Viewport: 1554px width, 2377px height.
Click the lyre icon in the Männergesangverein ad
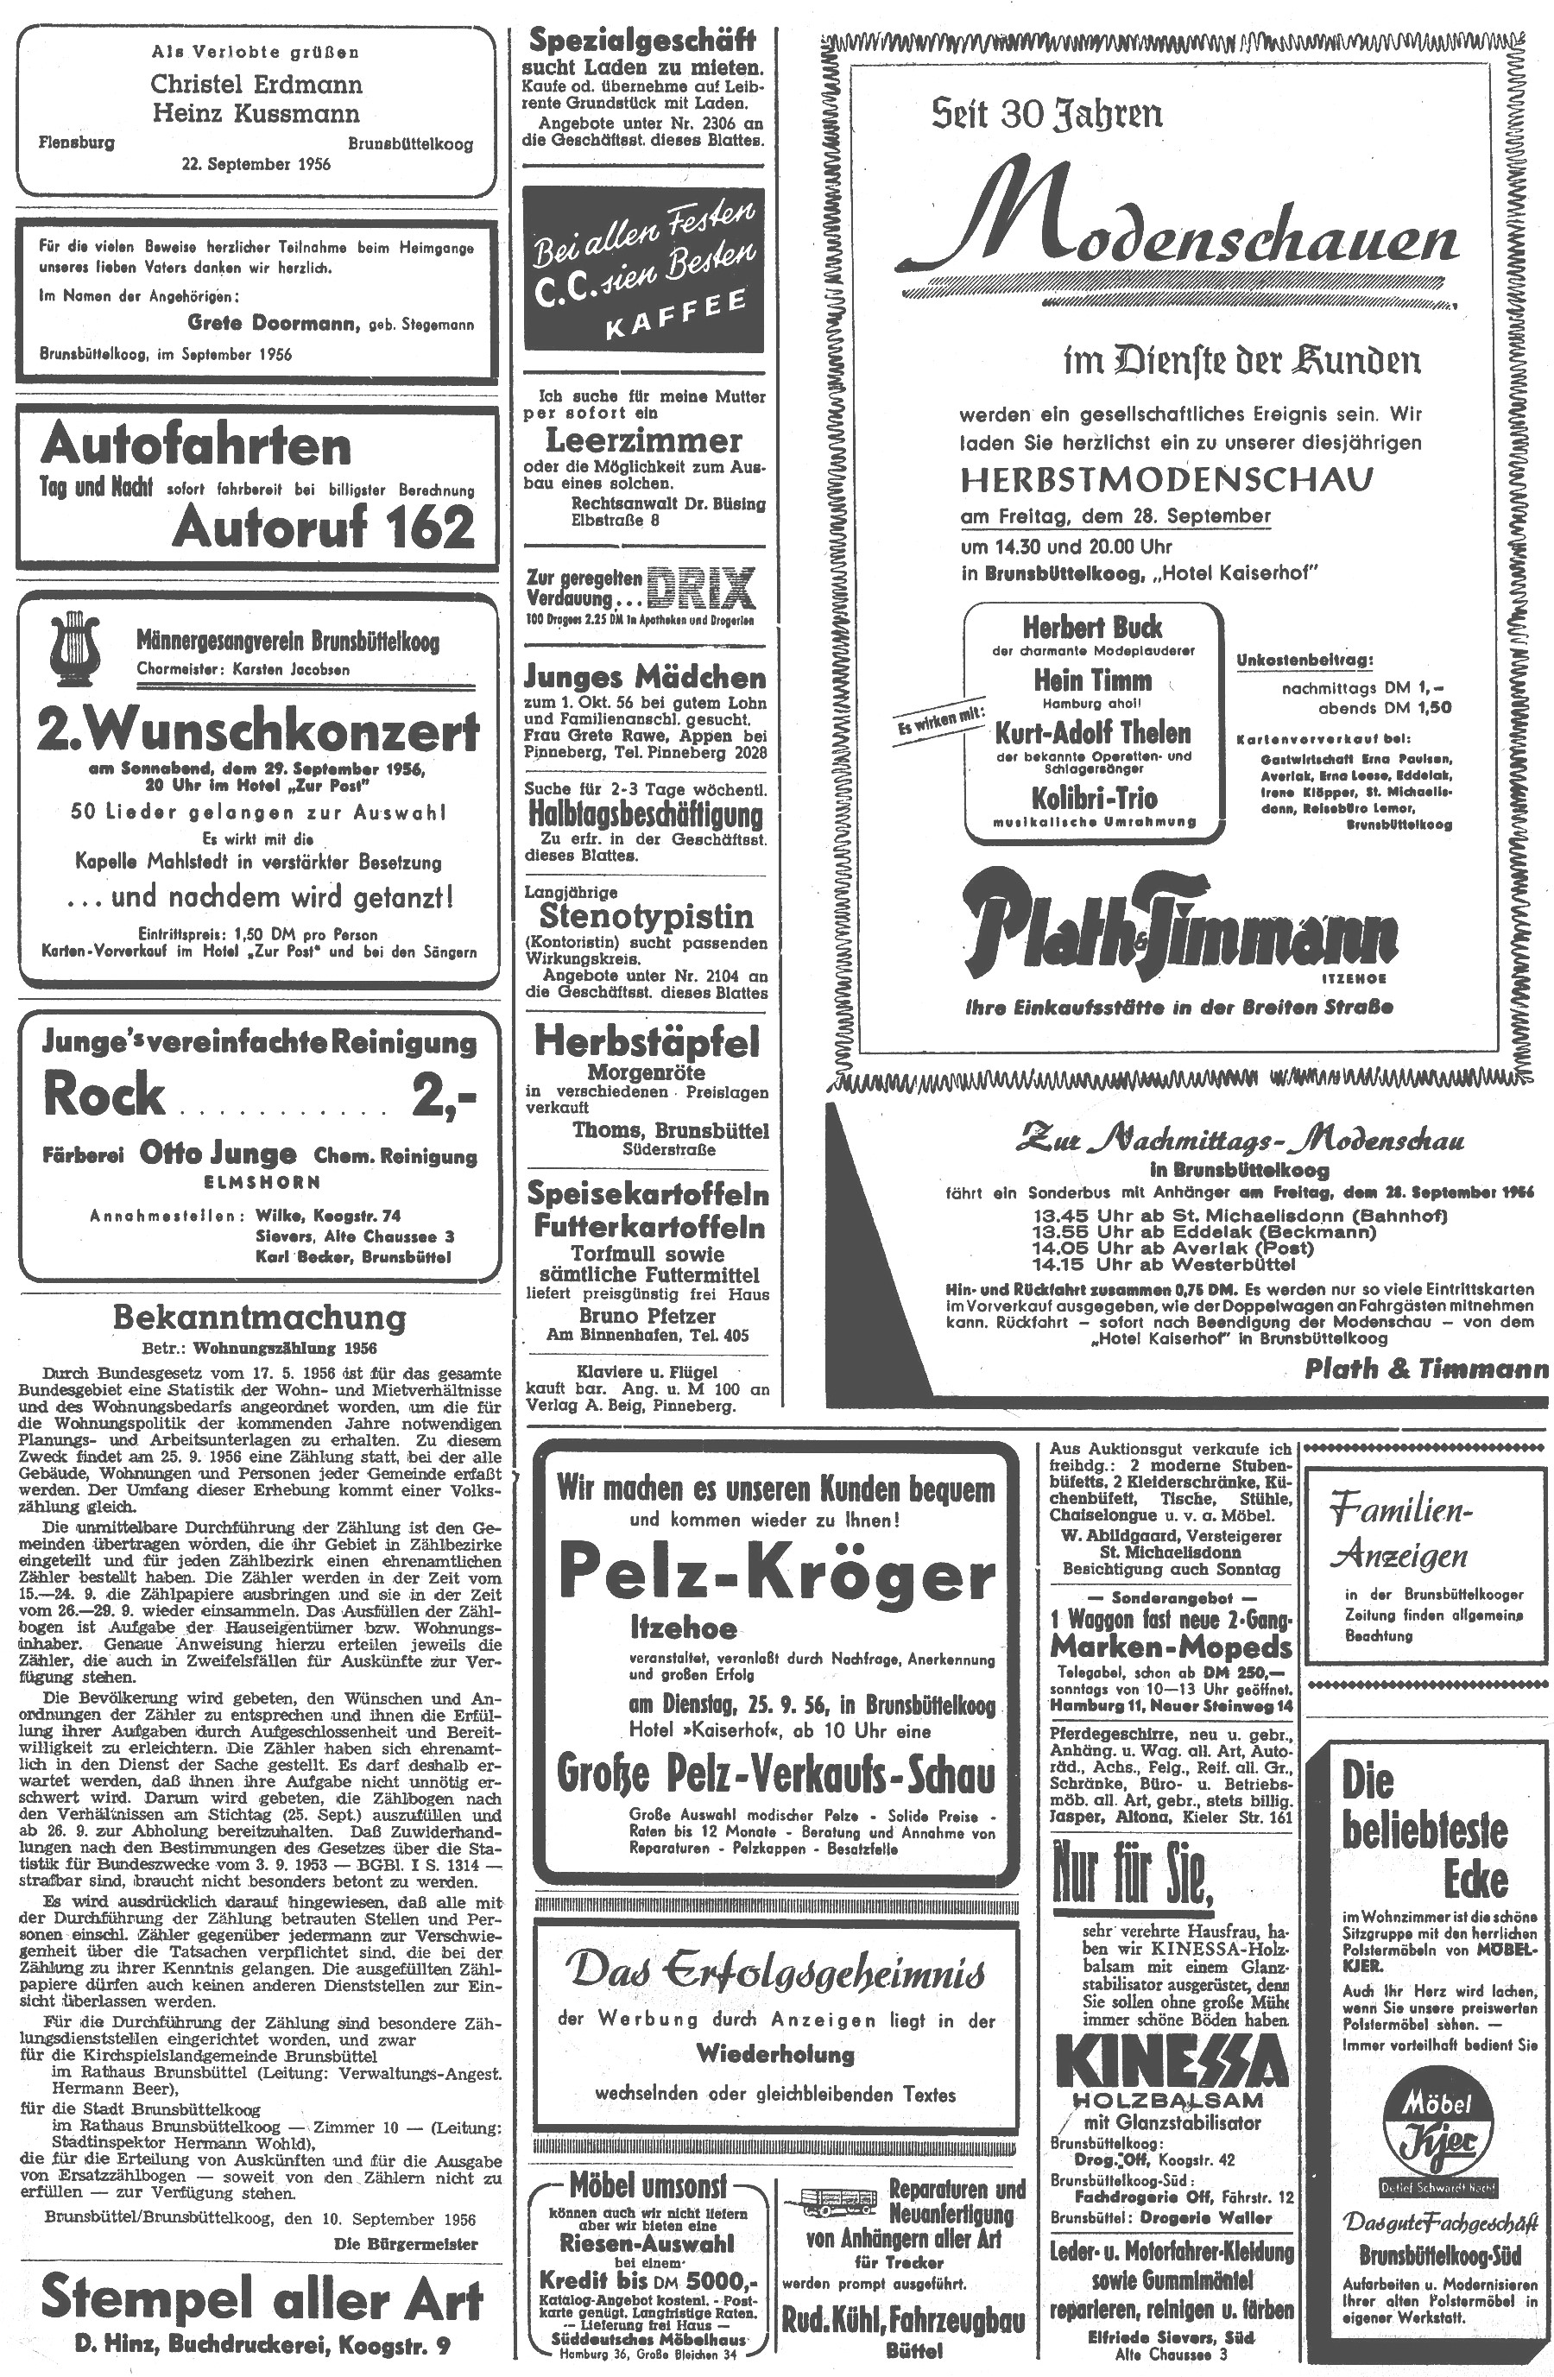[x=77, y=645]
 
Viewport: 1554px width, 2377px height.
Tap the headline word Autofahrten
[x=196, y=446]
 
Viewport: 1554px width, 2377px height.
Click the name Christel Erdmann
[x=256, y=84]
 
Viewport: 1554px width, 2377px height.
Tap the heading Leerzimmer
[x=643, y=439]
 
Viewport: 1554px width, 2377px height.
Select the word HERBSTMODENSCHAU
[x=1166, y=480]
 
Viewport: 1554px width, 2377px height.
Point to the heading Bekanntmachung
[x=260, y=1318]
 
